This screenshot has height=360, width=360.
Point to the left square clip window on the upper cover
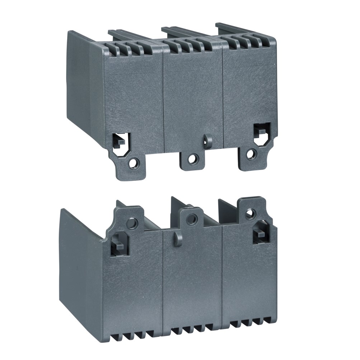click(x=120, y=140)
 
